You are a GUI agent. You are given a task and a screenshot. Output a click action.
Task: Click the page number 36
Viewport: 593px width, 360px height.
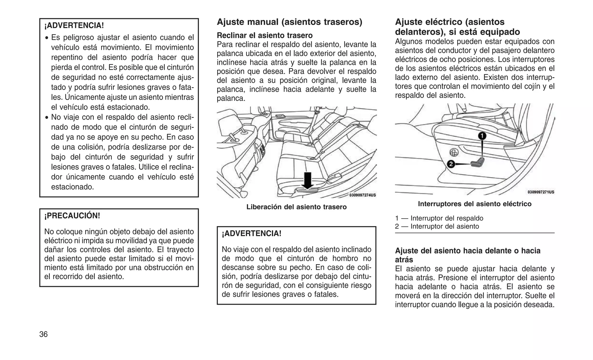[x=43, y=334]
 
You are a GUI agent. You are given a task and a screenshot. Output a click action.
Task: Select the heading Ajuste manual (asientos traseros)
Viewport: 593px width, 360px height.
[x=289, y=22]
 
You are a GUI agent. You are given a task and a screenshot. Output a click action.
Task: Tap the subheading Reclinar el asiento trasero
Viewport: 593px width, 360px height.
[x=265, y=35]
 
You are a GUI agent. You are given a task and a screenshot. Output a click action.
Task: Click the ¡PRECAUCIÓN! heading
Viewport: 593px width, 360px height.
[x=72, y=216]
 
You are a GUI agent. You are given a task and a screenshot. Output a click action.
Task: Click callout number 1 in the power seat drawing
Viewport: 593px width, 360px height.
[x=482, y=136]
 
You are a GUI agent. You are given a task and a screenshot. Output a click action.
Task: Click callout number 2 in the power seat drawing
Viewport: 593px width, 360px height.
[x=451, y=164]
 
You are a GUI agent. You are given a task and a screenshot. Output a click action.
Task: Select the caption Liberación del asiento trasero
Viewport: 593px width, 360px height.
[x=296, y=207]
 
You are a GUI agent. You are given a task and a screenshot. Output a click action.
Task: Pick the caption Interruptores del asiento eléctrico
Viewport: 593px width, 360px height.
[x=475, y=204]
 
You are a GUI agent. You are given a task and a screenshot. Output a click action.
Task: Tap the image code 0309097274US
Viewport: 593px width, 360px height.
[x=362, y=195]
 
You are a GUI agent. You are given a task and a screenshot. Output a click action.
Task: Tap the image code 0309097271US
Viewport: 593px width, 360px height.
[x=541, y=192]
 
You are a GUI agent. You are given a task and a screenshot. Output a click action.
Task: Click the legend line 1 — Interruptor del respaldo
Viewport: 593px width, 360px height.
[x=439, y=218]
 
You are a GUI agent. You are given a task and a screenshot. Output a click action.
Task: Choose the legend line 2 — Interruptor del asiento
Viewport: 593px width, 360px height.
[x=437, y=226]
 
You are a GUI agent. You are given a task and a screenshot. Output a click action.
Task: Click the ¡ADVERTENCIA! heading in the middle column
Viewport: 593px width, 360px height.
[x=251, y=233]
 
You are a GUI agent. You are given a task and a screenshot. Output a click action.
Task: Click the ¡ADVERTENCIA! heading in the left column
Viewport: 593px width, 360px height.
[x=74, y=25]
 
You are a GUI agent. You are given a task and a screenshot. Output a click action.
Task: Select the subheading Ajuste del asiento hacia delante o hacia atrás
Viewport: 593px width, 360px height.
[x=467, y=255]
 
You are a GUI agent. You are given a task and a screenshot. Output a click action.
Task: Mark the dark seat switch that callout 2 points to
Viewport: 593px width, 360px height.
[x=477, y=162]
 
